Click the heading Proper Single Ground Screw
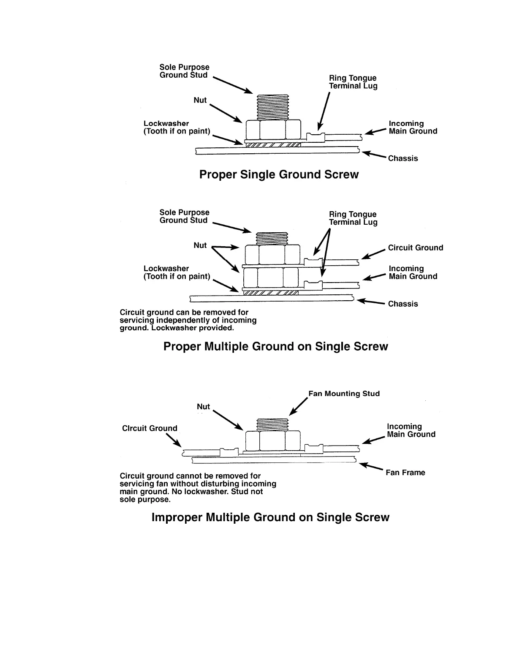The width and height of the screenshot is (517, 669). (279, 174)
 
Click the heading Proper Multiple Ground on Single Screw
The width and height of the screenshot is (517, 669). (275, 346)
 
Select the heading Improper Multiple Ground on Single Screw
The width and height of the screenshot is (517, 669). (270, 517)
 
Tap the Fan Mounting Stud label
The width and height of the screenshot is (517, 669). (344, 394)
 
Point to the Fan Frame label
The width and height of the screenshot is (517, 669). (405, 473)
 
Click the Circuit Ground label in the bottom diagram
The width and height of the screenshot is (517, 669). (150, 428)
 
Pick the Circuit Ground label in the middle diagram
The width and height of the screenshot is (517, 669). (416, 247)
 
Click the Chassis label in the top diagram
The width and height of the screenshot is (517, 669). (403, 158)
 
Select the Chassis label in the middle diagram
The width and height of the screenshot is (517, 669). (403, 304)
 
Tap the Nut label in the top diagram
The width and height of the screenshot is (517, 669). (200, 100)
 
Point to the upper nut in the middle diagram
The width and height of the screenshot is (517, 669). (272, 255)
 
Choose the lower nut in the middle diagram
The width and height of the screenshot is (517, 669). (271, 277)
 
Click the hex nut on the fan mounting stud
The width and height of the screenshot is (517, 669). (273, 441)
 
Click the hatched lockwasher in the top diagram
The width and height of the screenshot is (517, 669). (273, 145)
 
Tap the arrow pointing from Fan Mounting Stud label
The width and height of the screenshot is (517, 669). (298, 408)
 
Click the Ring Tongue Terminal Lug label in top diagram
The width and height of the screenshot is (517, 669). (353, 82)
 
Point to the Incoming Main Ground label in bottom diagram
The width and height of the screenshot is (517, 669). (411, 430)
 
